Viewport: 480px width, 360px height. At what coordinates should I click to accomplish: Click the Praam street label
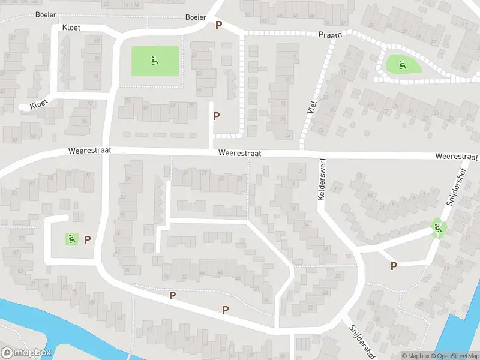331,35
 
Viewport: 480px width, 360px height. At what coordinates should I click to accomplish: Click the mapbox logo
25,353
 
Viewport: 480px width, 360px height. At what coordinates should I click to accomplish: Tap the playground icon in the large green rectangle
155,60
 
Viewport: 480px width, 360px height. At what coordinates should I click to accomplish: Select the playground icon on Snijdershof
439,227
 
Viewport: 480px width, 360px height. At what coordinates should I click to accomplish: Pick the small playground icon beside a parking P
71,239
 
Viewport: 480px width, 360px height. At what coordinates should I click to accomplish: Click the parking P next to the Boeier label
219,25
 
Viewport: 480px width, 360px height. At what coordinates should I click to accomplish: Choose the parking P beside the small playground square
88,239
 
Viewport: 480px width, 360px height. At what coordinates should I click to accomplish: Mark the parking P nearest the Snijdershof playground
394,266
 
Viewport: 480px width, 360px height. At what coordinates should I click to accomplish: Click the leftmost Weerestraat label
89,151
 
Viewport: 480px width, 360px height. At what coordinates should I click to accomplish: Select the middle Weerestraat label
239,153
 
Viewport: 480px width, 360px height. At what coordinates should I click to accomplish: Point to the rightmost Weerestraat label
457,156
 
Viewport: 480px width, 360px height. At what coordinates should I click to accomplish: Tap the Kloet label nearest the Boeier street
71,28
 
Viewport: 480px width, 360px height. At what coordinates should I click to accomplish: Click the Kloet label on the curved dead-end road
38,103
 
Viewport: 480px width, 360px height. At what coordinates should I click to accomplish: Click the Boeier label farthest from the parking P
47,14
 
